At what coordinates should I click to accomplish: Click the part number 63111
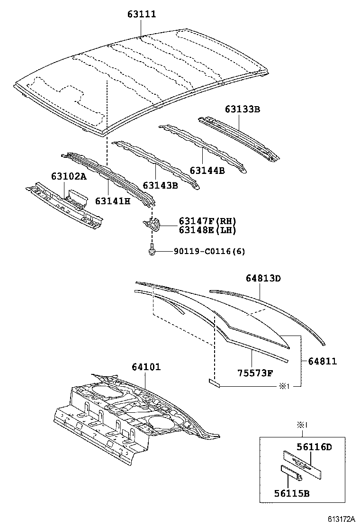pos(141,15)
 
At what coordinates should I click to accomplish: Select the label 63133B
pos(243,109)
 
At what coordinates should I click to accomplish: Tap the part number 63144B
pos(207,170)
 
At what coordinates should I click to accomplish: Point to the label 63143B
pos(160,185)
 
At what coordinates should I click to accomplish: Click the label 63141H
pos(113,200)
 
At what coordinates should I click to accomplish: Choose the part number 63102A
pos(69,176)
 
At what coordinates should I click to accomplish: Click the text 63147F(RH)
pos(207,221)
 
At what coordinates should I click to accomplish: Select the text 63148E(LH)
pos(207,230)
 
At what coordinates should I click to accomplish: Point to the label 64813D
pos(263,278)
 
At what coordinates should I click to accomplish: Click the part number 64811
pos(322,361)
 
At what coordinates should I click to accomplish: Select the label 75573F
pos(255,373)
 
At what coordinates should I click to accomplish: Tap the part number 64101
pos(146,367)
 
